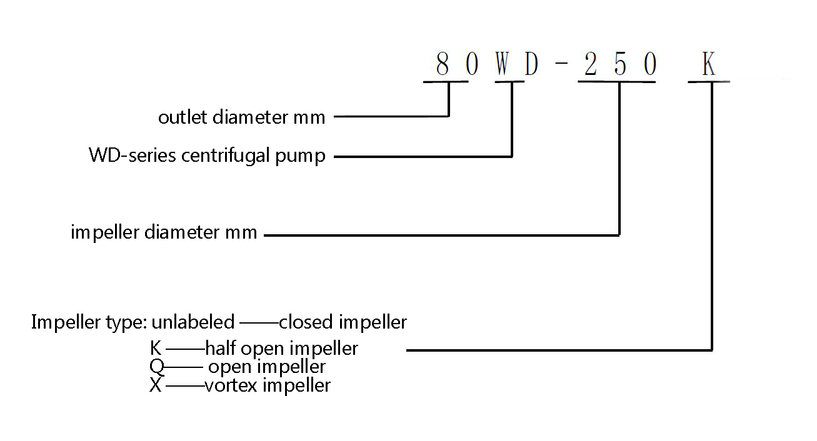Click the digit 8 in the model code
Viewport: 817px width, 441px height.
click(443, 64)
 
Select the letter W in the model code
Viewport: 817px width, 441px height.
click(502, 64)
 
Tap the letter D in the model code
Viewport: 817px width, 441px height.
click(531, 64)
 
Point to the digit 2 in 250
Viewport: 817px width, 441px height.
click(591, 64)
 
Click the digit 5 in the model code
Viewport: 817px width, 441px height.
click(621, 64)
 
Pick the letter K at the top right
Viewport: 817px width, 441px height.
click(709, 64)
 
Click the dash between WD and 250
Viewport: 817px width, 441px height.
click(561, 64)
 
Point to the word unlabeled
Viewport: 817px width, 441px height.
click(193, 322)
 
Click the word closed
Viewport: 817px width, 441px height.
click(306, 322)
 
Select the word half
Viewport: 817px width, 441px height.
click(221, 348)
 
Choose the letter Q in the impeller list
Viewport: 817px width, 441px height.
click(157, 367)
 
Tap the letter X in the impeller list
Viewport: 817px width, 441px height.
click(156, 385)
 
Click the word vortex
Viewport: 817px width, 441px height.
click(231, 385)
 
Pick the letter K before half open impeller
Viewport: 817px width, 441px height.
click(156, 348)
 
